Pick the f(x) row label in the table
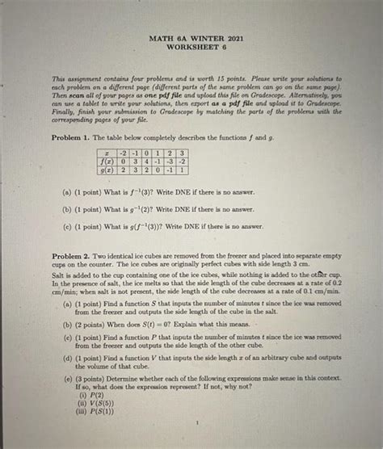[107, 161]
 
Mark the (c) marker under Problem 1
[74, 227]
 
